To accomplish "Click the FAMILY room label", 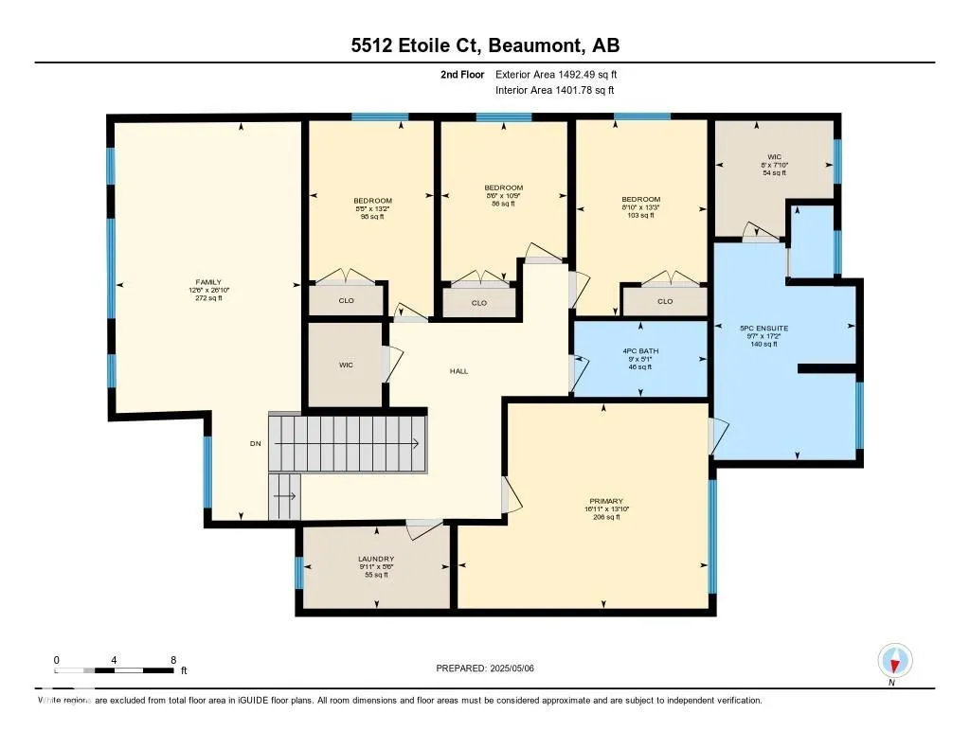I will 208,282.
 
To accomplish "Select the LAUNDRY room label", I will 376,559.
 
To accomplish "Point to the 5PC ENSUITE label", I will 763,329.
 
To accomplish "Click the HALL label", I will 458,371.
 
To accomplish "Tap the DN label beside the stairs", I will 255,443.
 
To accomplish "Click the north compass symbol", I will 894,660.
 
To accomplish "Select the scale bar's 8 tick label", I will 172,659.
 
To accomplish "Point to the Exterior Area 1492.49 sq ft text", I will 557,74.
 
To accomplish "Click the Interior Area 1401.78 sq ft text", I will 555,90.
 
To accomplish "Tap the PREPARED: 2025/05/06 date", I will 485,669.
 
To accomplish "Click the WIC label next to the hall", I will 346,365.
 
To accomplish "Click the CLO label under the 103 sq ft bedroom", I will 665,301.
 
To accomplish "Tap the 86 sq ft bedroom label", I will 503,187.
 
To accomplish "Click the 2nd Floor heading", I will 463,74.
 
